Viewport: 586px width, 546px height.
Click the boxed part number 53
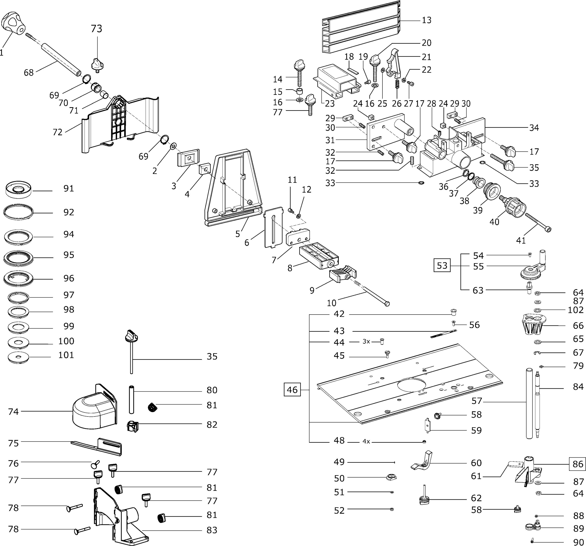[x=442, y=266]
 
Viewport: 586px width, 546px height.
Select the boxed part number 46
[x=292, y=390]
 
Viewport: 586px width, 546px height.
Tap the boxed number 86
[x=578, y=464]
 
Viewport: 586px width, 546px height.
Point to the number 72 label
[x=57, y=132]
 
